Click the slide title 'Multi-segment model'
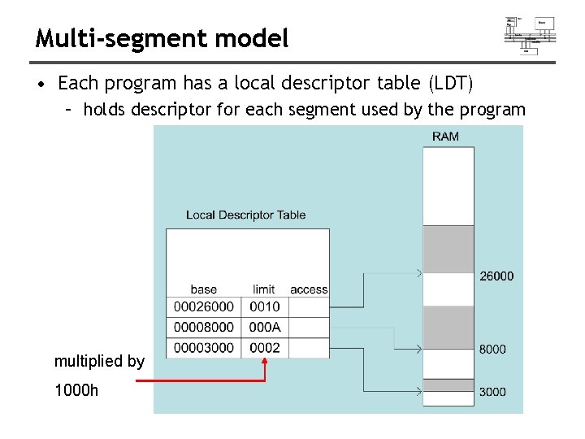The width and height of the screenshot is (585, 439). point(162,37)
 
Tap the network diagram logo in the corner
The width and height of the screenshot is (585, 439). point(530,35)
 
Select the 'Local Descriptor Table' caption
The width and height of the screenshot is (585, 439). point(245,215)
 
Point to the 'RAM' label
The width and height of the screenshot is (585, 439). point(445,136)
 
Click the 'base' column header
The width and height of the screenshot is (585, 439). point(203,289)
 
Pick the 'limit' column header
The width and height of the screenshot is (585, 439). point(264,289)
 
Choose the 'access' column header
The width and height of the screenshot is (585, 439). point(309,289)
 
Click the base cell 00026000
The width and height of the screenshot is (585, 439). point(203,306)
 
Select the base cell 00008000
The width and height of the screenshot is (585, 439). point(203,327)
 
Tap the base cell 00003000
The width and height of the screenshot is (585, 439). point(203,347)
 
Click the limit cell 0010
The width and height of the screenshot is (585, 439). point(264,306)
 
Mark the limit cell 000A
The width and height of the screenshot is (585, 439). point(264,327)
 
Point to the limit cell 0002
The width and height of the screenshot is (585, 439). point(264,347)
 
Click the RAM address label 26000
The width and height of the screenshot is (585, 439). point(496,276)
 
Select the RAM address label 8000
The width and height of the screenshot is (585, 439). point(492,349)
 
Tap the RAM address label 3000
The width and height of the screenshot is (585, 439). point(492,391)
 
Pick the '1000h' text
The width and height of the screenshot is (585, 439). point(76,390)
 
